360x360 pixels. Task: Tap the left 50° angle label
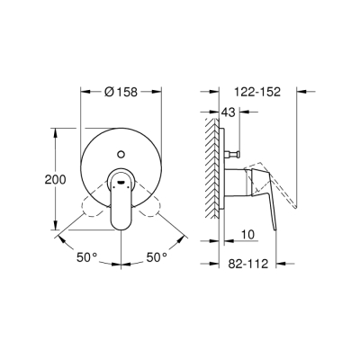coord(85,257)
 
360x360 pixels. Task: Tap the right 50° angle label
coord(157,257)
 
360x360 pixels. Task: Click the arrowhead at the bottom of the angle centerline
coord(121,263)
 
